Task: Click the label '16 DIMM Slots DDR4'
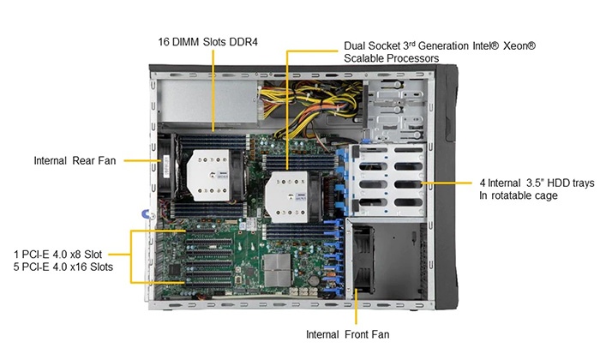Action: point(207,42)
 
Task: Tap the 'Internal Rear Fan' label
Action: point(75,160)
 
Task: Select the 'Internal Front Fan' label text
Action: point(347,335)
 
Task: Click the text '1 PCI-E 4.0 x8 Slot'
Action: point(57,255)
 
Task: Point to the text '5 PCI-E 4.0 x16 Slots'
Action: point(63,267)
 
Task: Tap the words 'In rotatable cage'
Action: point(518,195)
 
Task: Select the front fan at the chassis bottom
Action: point(363,260)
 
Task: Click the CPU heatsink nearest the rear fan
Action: point(211,175)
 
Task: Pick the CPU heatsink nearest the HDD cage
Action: point(288,196)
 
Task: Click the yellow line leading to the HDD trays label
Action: point(447,183)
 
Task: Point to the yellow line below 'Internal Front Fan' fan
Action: point(356,307)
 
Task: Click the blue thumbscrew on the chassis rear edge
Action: point(146,214)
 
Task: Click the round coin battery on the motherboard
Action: point(314,281)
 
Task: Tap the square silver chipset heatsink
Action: point(277,270)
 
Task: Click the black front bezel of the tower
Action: point(447,187)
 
